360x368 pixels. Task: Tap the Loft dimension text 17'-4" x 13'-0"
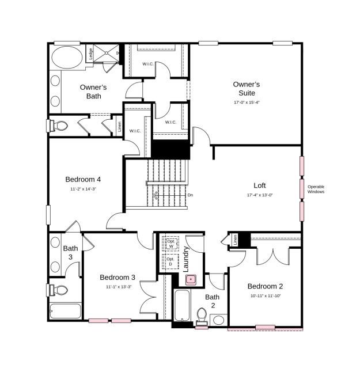259,195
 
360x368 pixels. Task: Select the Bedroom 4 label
83,179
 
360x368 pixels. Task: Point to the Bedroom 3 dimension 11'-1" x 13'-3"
118,287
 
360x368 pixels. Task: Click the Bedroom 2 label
265,286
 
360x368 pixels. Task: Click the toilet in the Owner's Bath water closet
59,125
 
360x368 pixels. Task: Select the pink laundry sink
191,280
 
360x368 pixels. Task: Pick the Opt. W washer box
170,244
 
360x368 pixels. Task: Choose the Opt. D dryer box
170,262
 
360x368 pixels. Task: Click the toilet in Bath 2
202,315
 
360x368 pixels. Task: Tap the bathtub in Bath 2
183,307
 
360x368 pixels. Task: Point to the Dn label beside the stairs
190,195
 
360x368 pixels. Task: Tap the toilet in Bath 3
59,289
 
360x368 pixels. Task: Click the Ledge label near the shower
90,54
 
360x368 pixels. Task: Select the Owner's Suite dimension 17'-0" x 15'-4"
247,103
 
